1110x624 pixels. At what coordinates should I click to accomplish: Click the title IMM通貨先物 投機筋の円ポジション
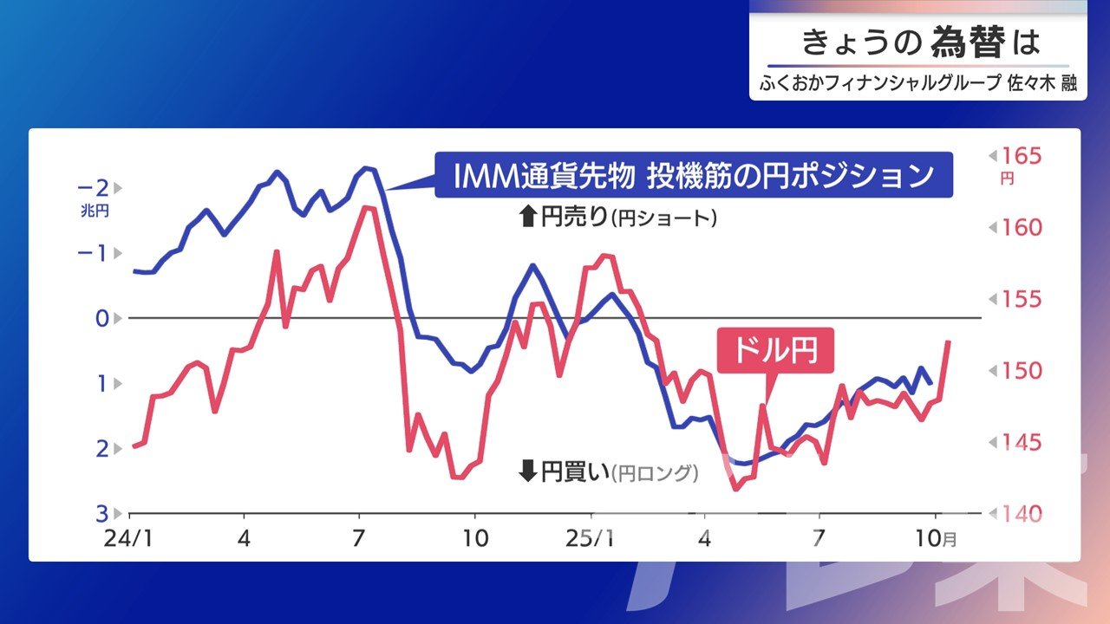(693, 176)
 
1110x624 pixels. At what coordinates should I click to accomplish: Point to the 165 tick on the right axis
(1021, 157)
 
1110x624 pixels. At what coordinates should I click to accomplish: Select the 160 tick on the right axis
(1021, 228)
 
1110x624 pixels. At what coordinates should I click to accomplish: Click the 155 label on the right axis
(1021, 300)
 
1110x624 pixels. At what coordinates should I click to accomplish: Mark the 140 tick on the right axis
(1021, 514)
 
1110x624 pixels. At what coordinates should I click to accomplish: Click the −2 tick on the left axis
(94, 187)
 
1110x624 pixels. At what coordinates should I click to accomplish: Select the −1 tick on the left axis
(94, 253)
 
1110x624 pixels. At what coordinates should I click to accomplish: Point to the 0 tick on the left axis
(101, 318)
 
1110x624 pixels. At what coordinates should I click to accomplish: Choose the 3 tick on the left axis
(101, 513)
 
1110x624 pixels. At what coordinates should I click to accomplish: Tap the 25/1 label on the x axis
(590, 538)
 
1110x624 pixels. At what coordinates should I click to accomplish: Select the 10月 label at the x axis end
(936, 538)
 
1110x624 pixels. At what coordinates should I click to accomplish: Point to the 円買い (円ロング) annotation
(608, 472)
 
